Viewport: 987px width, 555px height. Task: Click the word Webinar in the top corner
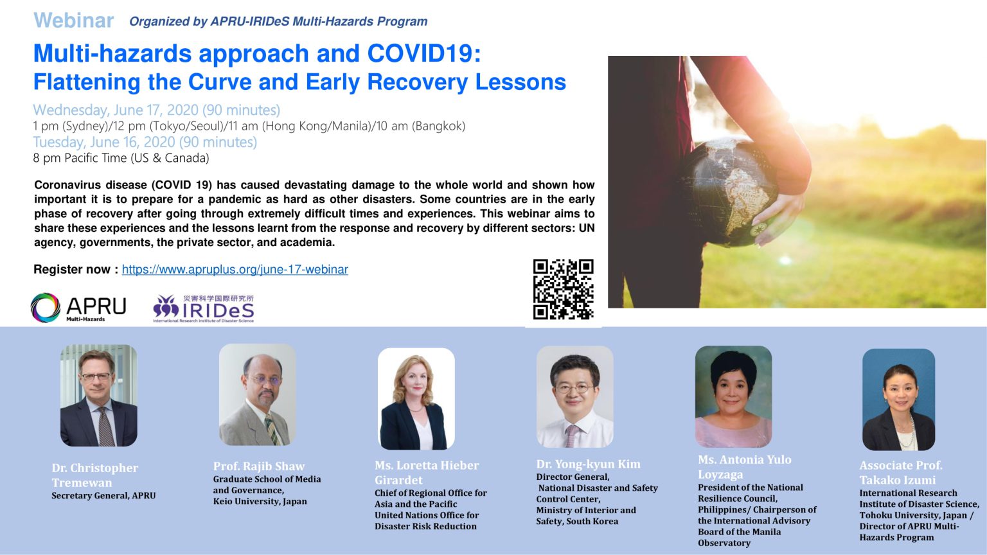point(73,21)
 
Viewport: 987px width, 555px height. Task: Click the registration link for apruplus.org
point(235,269)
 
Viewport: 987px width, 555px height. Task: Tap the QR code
point(563,289)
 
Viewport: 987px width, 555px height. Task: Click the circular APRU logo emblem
point(45,308)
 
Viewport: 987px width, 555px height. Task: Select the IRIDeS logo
point(204,309)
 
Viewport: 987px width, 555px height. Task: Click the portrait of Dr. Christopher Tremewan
point(98,395)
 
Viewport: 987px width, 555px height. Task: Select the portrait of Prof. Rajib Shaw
point(257,394)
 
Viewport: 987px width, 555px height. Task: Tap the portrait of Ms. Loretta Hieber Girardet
point(416,398)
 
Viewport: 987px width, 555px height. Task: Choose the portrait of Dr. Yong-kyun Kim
point(574,396)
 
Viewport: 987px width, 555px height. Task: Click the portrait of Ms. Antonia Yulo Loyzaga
point(733,396)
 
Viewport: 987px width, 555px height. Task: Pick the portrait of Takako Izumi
point(898,399)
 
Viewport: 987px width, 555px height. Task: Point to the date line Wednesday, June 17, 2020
point(156,110)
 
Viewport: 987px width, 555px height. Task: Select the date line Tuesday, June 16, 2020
point(145,142)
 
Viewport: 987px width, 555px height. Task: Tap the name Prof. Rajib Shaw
point(259,466)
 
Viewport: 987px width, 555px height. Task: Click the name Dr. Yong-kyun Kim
point(588,464)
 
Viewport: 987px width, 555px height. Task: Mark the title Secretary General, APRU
point(103,496)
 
